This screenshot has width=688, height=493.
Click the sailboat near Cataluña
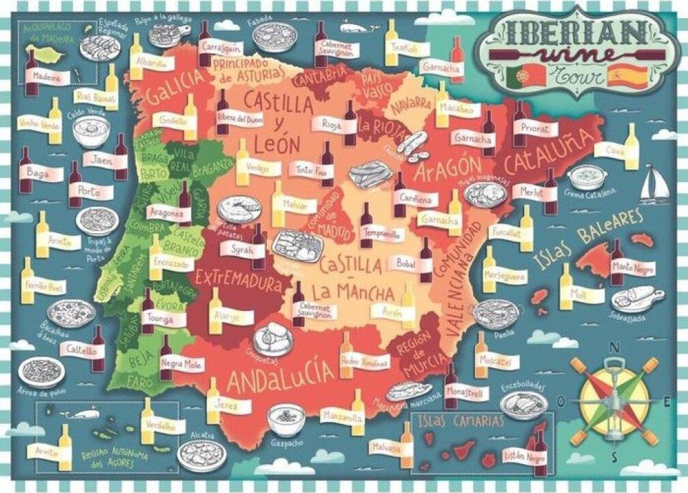(653, 185)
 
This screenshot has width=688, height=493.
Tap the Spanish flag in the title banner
(617, 76)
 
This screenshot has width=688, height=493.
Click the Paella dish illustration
(495, 313)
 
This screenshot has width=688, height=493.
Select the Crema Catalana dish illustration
(587, 177)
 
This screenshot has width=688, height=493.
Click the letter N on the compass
(613, 347)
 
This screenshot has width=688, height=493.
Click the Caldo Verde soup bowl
(91, 131)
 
